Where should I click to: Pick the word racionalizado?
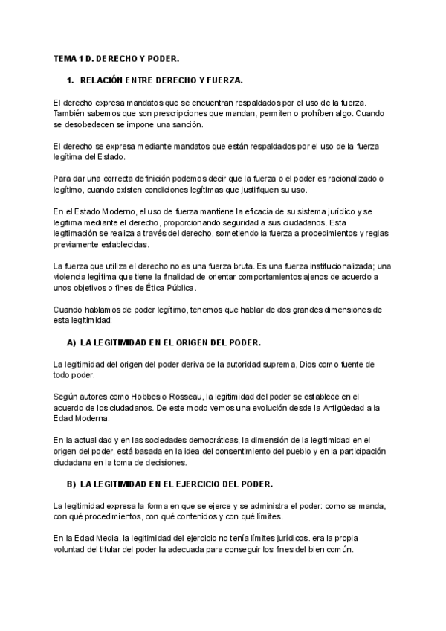point(345,179)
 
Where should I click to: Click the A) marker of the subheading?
point(71,342)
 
